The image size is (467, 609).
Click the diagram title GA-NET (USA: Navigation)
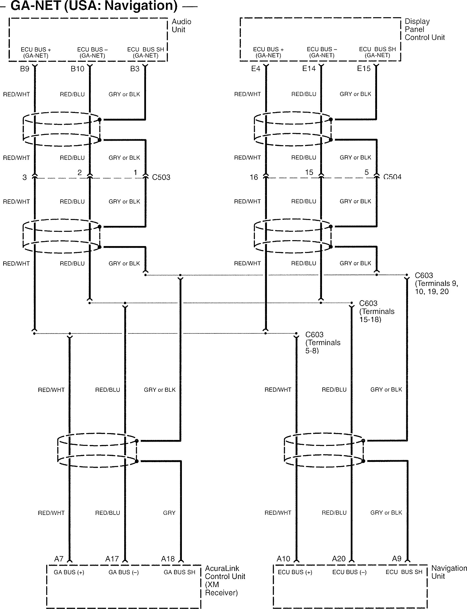[x=94, y=6]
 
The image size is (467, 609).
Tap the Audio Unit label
[x=181, y=26]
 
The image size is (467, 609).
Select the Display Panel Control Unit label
[x=424, y=29]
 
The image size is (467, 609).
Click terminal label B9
[x=25, y=69]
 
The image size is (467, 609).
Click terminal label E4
[x=255, y=69]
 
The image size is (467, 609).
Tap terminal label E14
[x=309, y=68]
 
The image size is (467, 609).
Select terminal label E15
[x=364, y=68]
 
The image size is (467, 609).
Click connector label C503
[x=161, y=177]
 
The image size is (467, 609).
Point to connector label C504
[x=392, y=177]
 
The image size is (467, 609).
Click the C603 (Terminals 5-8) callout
[x=322, y=343]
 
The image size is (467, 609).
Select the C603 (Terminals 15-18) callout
[x=376, y=311]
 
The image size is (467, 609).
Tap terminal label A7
[x=59, y=559]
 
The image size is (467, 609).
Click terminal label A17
[x=112, y=559]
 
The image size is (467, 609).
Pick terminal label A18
[x=168, y=559]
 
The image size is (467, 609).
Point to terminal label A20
[x=339, y=559]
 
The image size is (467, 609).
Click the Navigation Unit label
[x=449, y=572]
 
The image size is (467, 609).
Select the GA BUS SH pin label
[x=179, y=572]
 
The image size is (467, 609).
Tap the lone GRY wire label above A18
[x=169, y=513]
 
